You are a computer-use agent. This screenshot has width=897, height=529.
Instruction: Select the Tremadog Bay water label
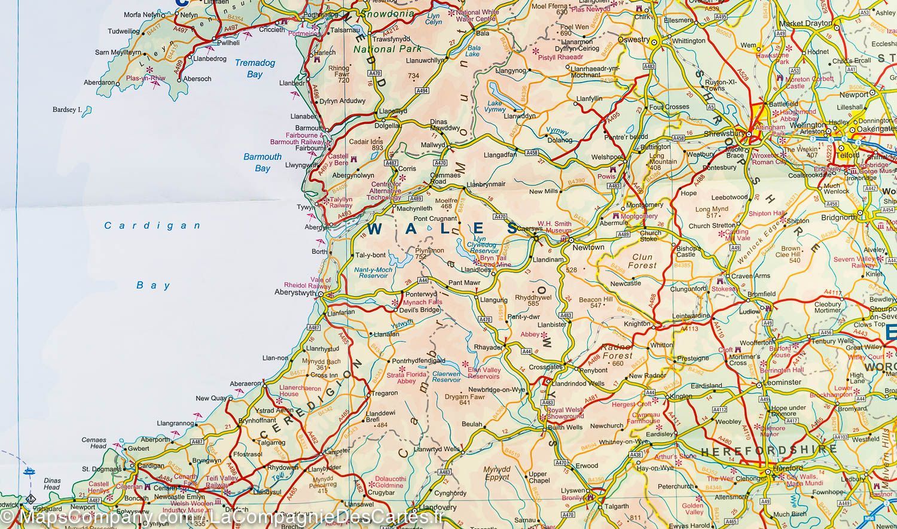(255, 68)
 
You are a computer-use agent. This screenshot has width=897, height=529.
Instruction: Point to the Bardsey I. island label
(66, 110)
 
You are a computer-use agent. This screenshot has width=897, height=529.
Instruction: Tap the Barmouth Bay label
(263, 162)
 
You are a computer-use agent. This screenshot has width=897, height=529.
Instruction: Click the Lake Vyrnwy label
(495, 107)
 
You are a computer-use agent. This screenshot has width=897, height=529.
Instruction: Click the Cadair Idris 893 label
(367, 145)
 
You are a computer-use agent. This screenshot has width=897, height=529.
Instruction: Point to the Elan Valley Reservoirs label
(483, 373)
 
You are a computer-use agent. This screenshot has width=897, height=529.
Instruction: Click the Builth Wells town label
(566, 427)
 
